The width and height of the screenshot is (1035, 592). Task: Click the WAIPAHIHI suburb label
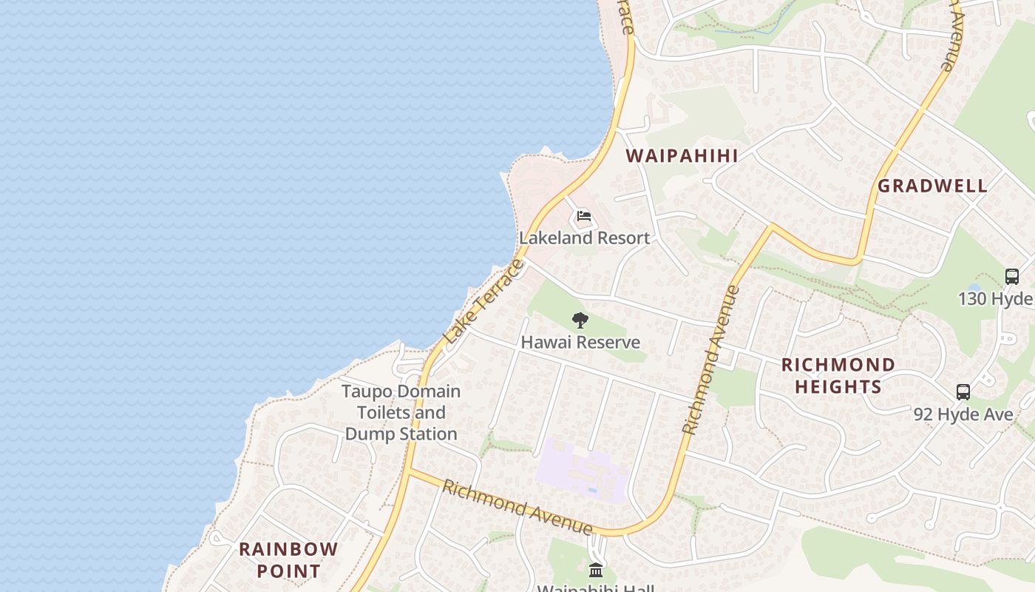point(682,155)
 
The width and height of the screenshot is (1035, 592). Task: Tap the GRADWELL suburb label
point(932,186)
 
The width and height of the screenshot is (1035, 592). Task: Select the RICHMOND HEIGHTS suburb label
point(838,375)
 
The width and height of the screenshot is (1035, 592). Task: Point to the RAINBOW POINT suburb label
point(288,560)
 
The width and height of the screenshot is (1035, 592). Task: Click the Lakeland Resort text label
point(584,238)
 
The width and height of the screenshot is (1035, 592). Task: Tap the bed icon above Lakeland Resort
point(584,217)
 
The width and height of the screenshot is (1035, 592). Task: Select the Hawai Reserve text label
point(580,343)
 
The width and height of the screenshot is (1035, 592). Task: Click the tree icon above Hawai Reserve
point(580,320)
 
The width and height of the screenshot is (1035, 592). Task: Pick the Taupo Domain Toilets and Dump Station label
point(401,412)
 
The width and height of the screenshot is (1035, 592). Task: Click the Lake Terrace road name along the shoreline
point(484,301)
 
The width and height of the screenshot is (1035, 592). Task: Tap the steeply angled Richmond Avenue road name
point(710,360)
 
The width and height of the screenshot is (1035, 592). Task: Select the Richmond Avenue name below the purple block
point(517,507)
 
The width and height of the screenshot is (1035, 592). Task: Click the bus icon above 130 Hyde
point(1012,277)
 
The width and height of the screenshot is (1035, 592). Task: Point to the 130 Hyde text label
point(995,298)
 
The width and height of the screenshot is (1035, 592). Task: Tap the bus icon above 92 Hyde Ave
point(963,392)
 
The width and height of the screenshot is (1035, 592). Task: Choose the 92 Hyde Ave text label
point(963,414)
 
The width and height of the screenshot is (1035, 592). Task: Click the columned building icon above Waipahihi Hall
point(596,570)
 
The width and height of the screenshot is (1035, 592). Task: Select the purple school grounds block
point(580,470)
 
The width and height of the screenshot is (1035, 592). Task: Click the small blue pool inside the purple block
point(593,489)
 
